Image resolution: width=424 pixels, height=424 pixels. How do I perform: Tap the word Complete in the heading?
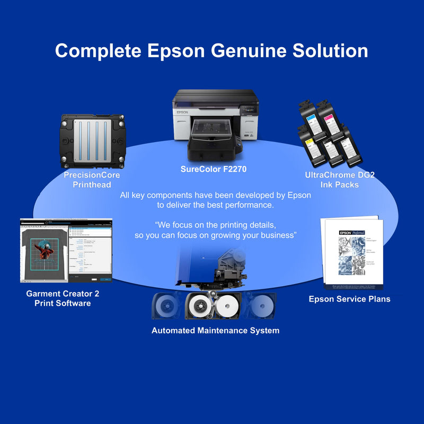[98, 51]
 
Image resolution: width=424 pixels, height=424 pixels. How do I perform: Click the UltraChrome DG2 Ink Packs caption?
[340, 180]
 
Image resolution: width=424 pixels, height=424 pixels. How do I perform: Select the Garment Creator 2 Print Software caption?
[63, 298]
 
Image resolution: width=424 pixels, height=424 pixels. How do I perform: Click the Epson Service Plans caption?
[349, 299]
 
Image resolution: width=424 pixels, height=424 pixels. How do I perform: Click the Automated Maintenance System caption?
[215, 330]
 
